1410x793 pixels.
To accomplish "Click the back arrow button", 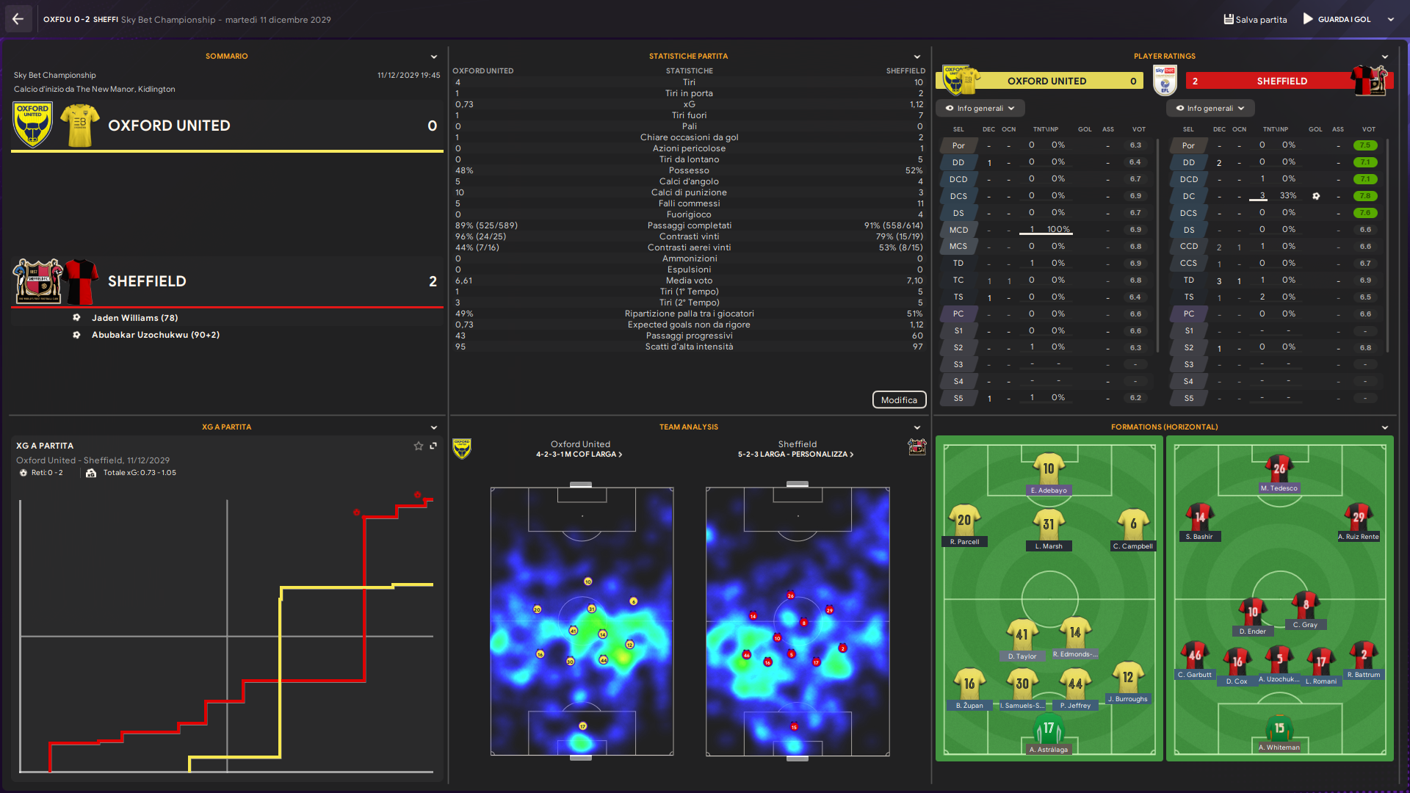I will click(x=18, y=19).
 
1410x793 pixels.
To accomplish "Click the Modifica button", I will click(x=899, y=400).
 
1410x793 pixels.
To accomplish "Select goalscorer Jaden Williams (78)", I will click(x=134, y=318).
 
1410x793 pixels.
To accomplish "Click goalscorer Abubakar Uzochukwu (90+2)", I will click(x=155, y=335).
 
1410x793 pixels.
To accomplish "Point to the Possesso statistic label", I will click(x=689, y=170).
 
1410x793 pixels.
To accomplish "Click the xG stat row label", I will click(x=689, y=104).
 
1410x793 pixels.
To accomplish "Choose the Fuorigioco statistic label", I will click(x=689, y=214).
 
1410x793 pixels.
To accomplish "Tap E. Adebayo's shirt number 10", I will click(x=1049, y=468).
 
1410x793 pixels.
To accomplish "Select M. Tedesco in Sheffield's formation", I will click(x=1279, y=488).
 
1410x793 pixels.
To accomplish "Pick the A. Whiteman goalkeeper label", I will click(x=1279, y=747).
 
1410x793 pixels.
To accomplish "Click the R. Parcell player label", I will click(x=964, y=542).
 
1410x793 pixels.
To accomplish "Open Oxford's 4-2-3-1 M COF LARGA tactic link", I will click(x=579, y=455).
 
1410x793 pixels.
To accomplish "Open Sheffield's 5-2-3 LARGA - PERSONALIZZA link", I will click(x=796, y=455).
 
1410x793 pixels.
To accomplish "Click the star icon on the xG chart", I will click(x=419, y=446).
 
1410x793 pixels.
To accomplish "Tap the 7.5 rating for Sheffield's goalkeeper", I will click(x=1364, y=145).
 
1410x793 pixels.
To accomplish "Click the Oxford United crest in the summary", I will click(x=32, y=125).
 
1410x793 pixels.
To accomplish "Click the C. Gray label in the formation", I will click(x=1305, y=625).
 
